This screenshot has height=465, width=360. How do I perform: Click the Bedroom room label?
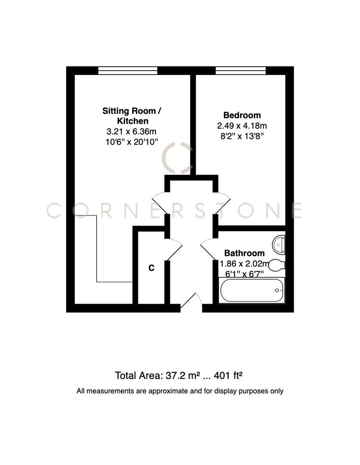coord(242,115)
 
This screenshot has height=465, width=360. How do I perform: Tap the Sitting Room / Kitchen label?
coord(132,116)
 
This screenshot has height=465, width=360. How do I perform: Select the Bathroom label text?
coord(244,253)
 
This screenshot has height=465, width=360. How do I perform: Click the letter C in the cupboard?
coord(151,268)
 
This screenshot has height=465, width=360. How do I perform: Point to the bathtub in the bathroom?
coord(252,290)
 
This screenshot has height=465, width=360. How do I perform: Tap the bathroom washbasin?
coord(280,244)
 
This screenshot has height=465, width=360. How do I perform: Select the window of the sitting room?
coord(128,71)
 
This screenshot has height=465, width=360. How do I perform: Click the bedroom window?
coord(241,71)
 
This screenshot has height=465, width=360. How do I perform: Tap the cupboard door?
coord(174,249)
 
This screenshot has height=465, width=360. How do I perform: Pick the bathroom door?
coord(209,249)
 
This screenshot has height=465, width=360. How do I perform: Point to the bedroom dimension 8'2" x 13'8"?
coord(242,136)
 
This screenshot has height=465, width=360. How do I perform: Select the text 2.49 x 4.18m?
coord(242,126)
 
